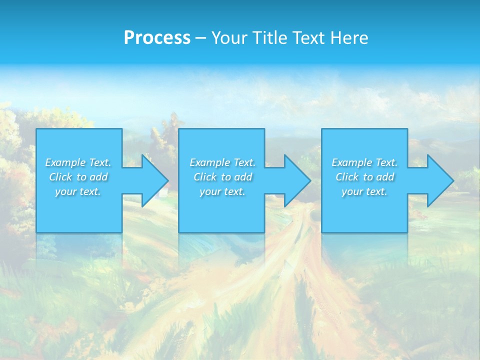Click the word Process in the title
point(157,38)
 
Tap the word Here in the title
point(350,38)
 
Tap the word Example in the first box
point(65,162)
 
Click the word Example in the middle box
point(209,162)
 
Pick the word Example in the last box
point(351,162)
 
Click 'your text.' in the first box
point(78,191)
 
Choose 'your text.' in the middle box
point(222,191)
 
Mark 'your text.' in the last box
point(364,191)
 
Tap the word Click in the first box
point(60,177)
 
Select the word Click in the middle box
point(204,177)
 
